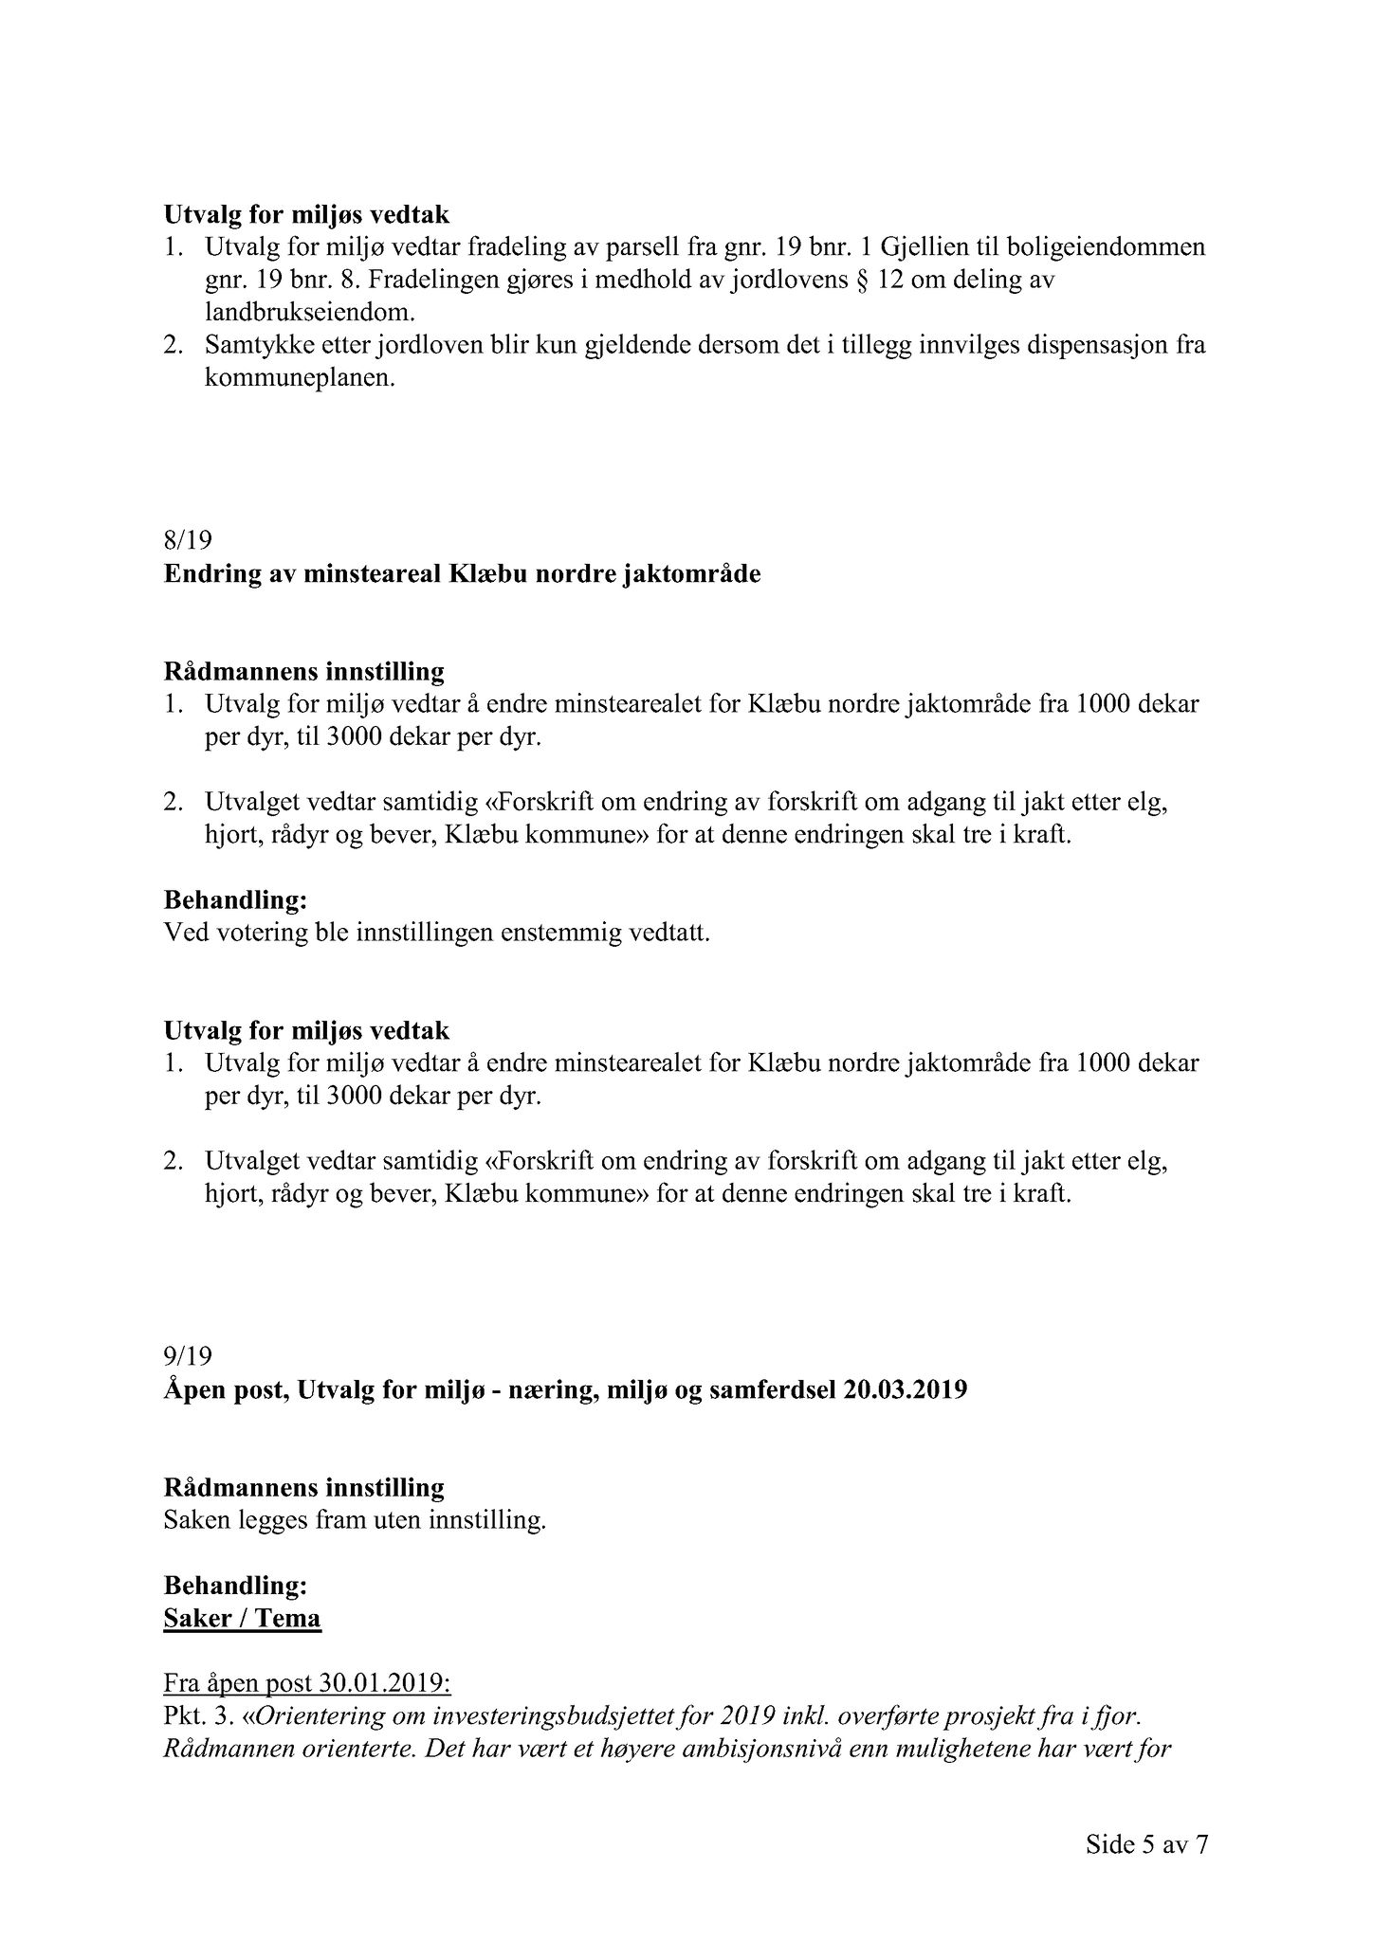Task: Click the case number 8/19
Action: [x=188, y=541]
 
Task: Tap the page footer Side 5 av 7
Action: [x=1147, y=1844]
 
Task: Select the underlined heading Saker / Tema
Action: [x=242, y=1618]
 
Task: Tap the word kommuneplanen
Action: [x=299, y=378]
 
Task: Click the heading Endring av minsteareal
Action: [x=461, y=574]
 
